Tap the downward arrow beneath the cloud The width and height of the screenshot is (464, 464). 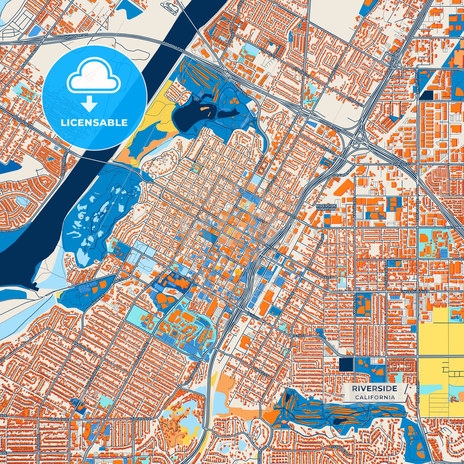pyautogui.click(x=89, y=103)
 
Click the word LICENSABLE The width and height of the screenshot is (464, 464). pyautogui.click(x=94, y=123)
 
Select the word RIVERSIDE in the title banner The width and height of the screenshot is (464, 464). pyautogui.click(x=374, y=389)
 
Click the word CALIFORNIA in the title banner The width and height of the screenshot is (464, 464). pyautogui.click(x=375, y=397)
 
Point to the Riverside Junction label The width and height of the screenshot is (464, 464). pyautogui.click(x=326, y=207)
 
